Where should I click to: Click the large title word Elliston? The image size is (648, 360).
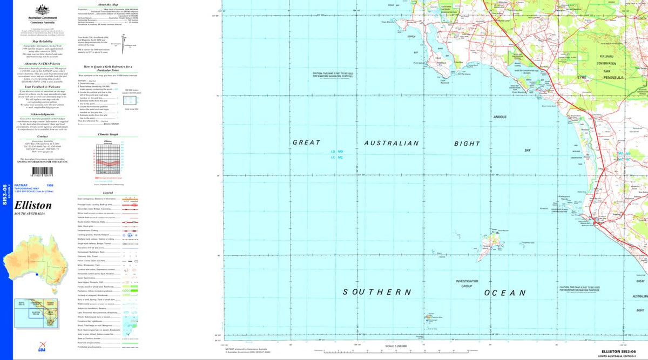(33, 206)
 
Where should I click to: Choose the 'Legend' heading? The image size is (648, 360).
(108, 193)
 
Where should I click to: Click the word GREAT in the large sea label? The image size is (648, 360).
(306, 143)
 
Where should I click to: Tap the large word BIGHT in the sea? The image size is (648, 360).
(467, 144)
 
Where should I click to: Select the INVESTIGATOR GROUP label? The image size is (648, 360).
(467, 284)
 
